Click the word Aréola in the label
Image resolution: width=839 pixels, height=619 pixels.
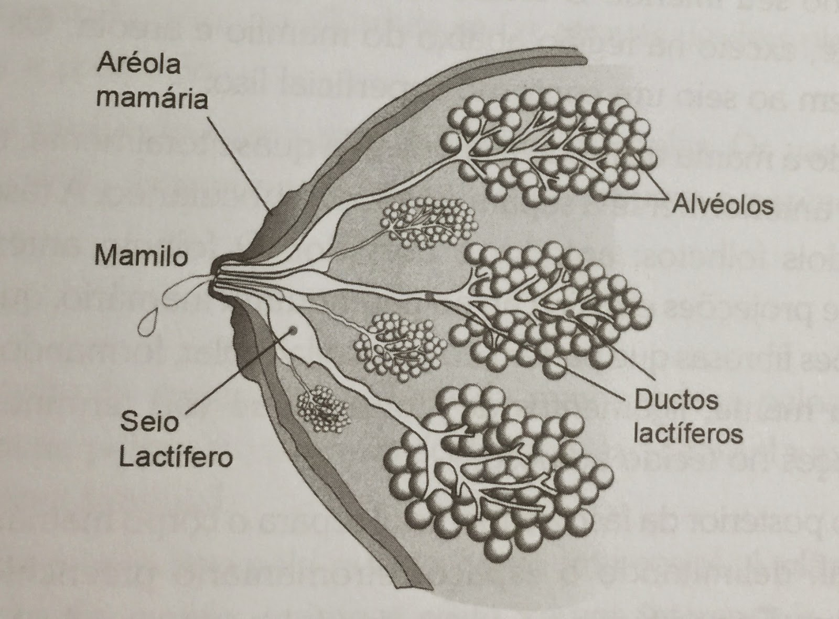coord(138,64)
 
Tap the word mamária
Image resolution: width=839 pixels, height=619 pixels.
coord(152,97)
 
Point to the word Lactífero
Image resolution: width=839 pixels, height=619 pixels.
coord(176,457)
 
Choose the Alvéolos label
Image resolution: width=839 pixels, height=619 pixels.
coord(723,204)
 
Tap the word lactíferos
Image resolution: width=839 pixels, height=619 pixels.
coord(688,435)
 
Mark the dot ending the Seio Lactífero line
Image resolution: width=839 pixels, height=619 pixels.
coord(292,330)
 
